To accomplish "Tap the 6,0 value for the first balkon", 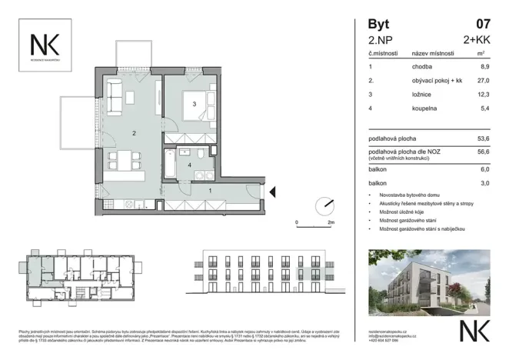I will pos(484,171).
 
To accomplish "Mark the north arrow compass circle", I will pos(325,206).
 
